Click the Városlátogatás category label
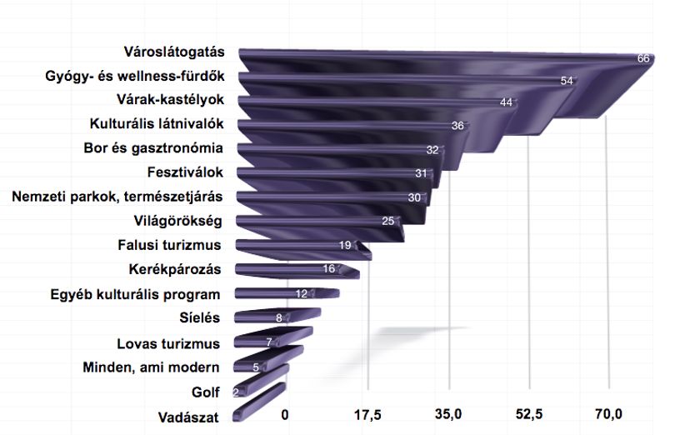(174, 52)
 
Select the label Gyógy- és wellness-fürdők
(135, 76)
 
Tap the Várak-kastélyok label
(171, 100)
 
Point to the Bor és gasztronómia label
(153, 148)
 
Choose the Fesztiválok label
(185, 172)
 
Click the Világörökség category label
(177, 222)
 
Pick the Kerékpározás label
(175, 270)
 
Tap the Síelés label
(199, 317)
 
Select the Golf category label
(205, 392)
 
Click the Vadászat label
(188, 417)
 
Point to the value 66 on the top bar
(643, 58)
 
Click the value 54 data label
(567, 81)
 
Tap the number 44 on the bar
(507, 102)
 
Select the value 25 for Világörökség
(387, 221)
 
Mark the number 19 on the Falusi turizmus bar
(345, 246)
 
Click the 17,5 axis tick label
(367, 415)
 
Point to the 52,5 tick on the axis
(529, 415)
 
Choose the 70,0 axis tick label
(608, 415)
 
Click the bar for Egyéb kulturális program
(287, 293)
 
